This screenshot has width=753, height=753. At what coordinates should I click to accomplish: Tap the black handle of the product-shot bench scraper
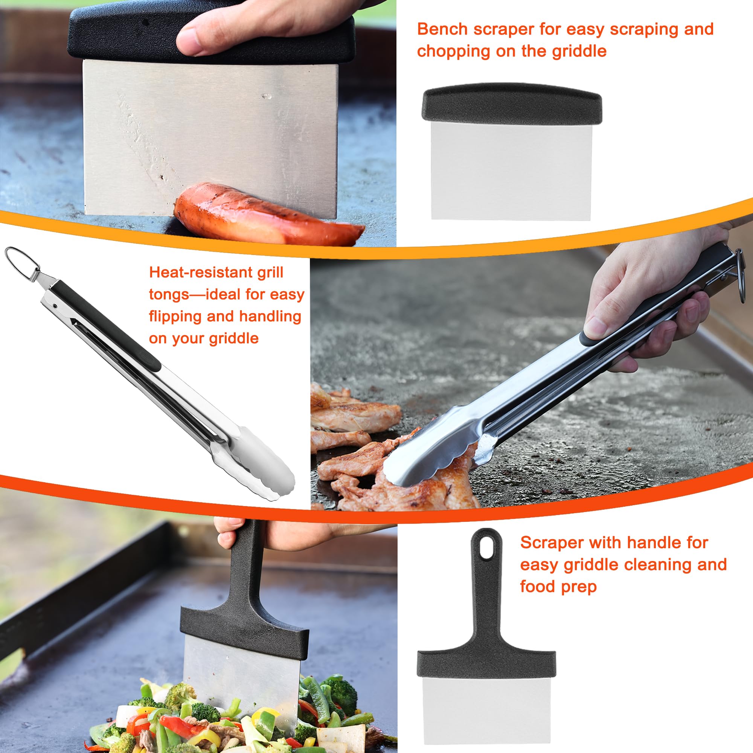click(x=512, y=102)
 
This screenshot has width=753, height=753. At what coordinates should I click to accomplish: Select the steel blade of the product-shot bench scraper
click(x=511, y=171)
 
